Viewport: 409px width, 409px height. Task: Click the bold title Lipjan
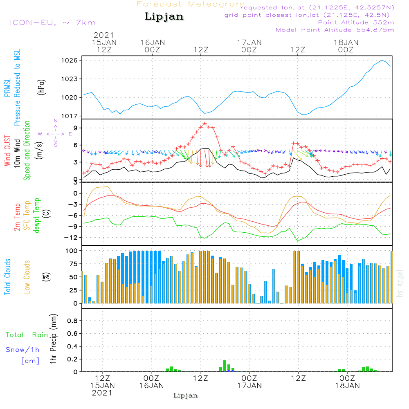(164, 17)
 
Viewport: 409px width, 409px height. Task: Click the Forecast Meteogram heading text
(191, 4)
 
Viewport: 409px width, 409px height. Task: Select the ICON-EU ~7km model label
(52, 22)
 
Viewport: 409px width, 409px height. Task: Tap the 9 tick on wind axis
(75, 128)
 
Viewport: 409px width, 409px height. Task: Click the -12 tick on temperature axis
(73, 238)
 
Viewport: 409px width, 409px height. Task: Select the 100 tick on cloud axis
(72, 250)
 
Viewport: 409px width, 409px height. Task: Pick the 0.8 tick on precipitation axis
(73, 321)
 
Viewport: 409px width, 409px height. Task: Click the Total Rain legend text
(27, 335)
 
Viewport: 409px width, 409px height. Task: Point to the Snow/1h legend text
(23, 350)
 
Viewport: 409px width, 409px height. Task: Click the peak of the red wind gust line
(204, 124)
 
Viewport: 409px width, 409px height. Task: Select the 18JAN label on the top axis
(346, 43)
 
